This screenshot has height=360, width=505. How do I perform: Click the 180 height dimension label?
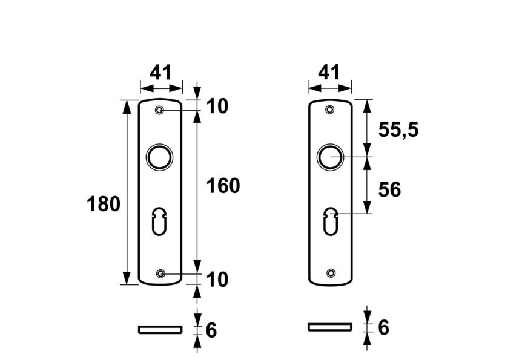[104, 205]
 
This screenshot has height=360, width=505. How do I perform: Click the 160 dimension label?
[223, 186]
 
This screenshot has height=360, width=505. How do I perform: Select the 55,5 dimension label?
[398, 129]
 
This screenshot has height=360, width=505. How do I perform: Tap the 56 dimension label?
[389, 190]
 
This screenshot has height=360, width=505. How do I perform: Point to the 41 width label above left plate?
[160, 73]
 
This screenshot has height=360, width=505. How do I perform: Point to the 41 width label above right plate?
[329, 73]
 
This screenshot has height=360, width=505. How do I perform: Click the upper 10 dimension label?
[217, 106]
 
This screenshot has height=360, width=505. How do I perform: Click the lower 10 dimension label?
[217, 280]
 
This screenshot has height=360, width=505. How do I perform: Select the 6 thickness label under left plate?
[211, 330]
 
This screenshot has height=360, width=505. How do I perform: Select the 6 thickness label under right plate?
[383, 328]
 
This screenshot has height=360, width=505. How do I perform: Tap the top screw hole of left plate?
[160, 110]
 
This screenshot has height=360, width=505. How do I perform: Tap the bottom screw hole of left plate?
[160, 274]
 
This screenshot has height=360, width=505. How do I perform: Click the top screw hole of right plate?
[330, 110]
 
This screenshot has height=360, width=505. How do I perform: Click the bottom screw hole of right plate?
[330, 273]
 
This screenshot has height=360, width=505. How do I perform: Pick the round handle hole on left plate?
[160, 157]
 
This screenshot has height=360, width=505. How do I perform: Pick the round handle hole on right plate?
[330, 157]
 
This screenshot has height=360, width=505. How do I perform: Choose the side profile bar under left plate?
[160, 329]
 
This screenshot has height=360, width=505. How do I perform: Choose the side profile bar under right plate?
[330, 327]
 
